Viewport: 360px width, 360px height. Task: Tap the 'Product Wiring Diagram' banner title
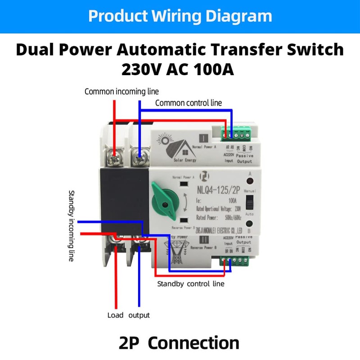180,16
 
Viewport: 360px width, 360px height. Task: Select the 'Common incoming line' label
121,92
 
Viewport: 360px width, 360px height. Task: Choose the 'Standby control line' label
190,284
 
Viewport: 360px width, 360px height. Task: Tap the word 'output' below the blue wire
139,315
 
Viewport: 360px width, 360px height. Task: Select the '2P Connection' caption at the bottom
180,343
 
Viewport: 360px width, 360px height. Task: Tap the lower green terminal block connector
234,261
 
